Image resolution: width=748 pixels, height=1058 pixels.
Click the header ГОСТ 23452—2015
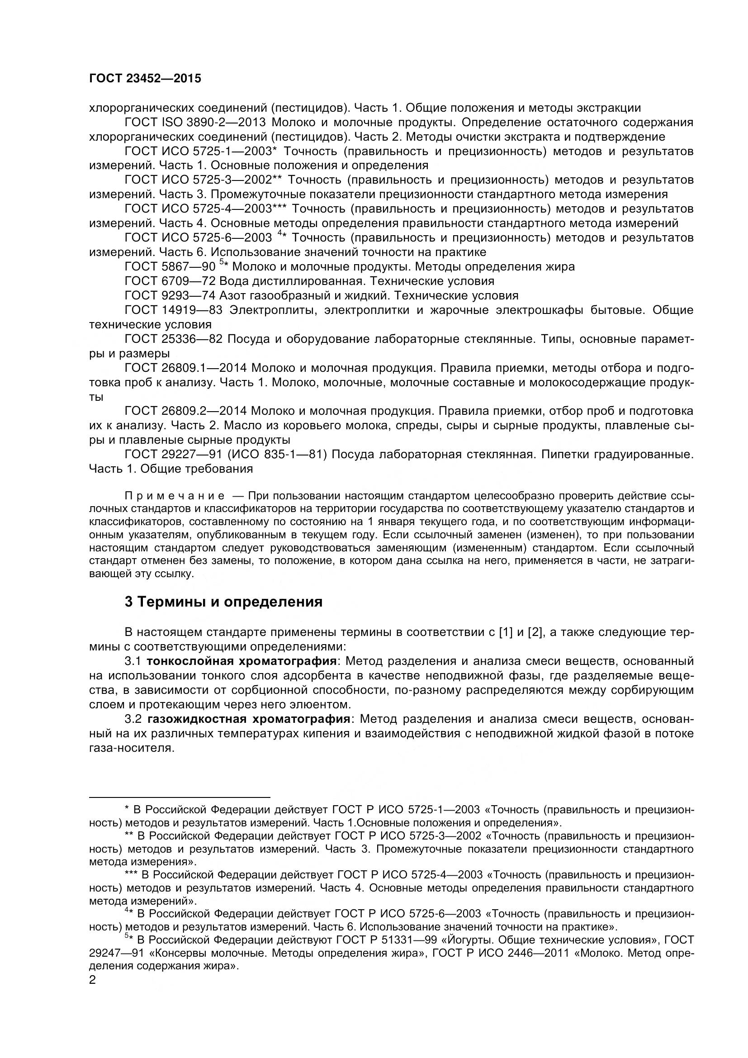[145, 79]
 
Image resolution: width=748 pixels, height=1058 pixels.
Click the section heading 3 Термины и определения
[223, 602]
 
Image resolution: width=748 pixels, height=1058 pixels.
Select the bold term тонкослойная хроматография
[241, 661]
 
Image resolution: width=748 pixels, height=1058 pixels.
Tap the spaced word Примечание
[175, 496]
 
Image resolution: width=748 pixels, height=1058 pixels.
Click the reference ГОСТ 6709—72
[170, 281]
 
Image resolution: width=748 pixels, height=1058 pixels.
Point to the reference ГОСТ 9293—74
[170, 295]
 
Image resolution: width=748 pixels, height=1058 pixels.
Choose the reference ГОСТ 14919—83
[174, 310]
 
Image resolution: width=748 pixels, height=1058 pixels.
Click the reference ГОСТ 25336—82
[174, 339]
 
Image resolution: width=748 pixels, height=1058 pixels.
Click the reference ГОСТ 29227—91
[174, 454]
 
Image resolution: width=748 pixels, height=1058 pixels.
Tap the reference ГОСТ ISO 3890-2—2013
[195, 123]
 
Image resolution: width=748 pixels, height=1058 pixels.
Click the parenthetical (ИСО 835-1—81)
[277, 454]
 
